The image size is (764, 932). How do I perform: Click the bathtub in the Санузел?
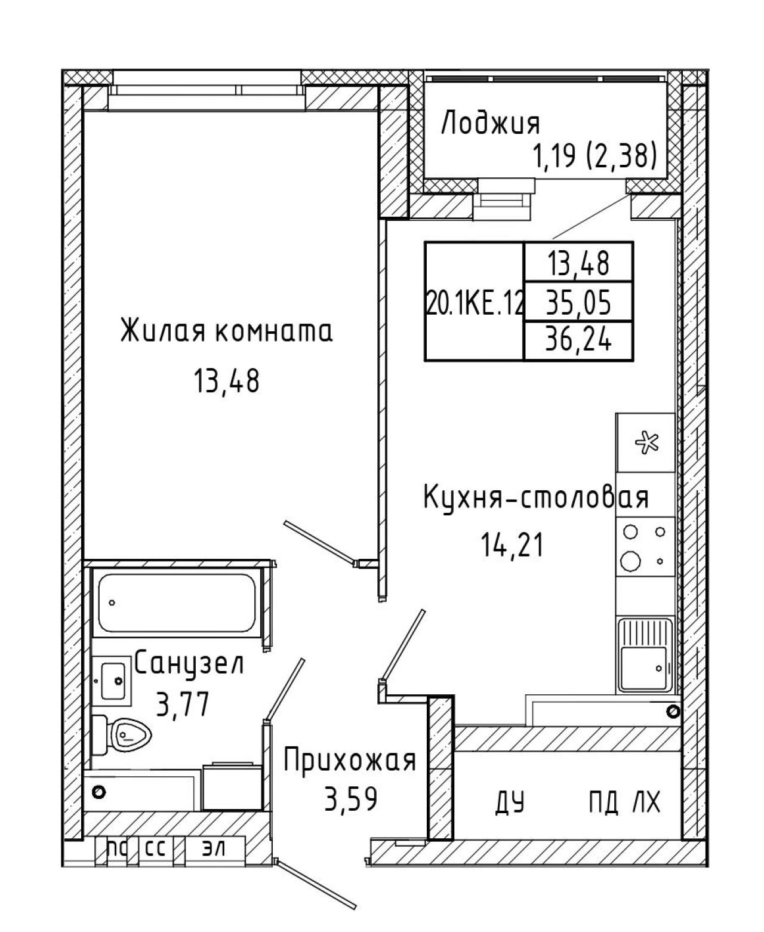[x=177, y=603]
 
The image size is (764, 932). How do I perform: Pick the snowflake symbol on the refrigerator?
[x=646, y=442]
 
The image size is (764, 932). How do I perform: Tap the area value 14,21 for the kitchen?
[x=512, y=546]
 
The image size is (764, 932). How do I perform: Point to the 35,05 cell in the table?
[x=578, y=303]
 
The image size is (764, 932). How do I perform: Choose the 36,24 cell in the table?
[x=578, y=340]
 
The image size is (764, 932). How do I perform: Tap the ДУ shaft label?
[x=509, y=801]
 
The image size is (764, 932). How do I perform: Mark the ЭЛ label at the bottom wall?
[x=214, y=848]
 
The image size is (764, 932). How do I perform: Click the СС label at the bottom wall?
[x=156, y=848]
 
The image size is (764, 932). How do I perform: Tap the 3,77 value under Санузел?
[x=182, y=705]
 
